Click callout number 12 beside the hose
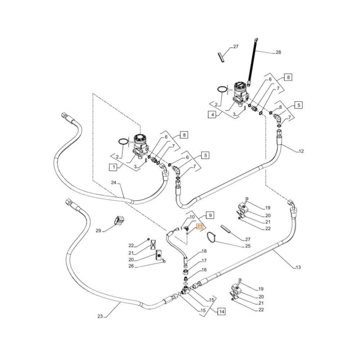tap(301, 151)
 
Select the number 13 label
tap(298, 267)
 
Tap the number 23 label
tap(100, 316)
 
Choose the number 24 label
tap(114, 183)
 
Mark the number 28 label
tap(278, 53)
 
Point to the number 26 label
tap(131, 266)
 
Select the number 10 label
tap(192, 217)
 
